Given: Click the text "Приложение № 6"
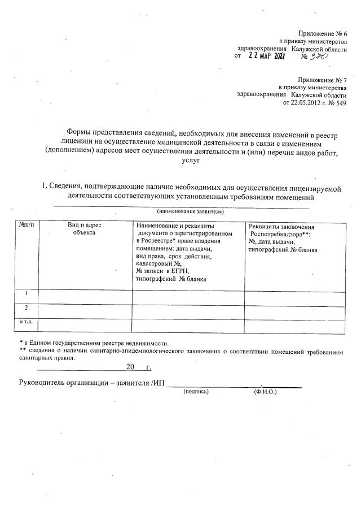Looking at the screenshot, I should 322,34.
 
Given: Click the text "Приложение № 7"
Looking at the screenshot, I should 322,80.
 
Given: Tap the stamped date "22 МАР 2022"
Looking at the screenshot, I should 267,56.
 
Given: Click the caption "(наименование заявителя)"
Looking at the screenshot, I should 190,211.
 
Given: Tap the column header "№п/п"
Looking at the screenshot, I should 27,226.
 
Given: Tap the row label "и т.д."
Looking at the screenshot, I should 26,322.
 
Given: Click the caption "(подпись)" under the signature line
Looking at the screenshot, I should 196,391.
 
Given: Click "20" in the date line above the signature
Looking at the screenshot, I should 130,367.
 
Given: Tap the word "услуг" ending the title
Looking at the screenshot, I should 192,161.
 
